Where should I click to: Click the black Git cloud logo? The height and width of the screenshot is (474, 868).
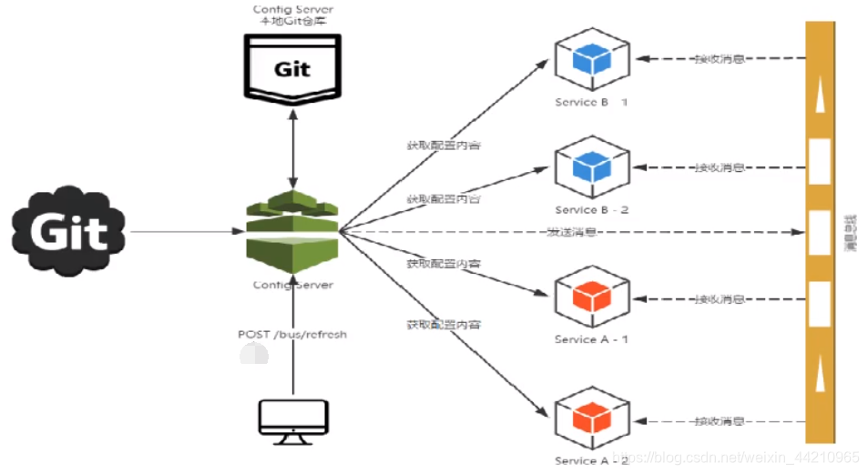(69, 233)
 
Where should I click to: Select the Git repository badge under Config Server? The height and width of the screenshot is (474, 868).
(292, 66)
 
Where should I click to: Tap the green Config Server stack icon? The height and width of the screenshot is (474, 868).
(292, 231)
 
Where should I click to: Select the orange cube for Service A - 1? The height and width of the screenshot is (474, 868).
(592, 297)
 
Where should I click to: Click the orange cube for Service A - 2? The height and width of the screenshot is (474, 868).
(592, 419)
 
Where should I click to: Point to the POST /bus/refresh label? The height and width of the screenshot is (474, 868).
(292, 334)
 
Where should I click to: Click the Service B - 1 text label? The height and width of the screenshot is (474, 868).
(591, 103)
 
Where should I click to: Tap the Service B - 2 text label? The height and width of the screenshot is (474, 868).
(591, 210)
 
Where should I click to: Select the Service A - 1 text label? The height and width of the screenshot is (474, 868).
(591, 339)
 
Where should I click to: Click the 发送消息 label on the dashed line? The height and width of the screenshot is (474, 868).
(571, 232)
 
